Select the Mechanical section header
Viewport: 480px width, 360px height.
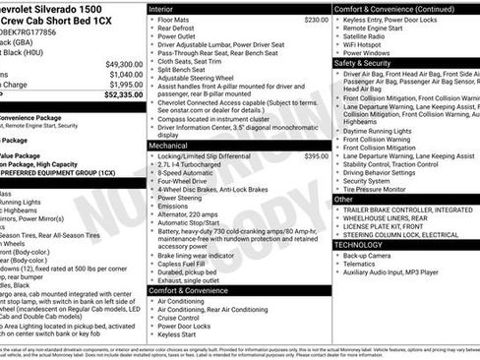168,145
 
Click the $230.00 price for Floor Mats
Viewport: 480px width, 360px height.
316,20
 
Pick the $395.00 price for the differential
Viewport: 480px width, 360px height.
316,155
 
